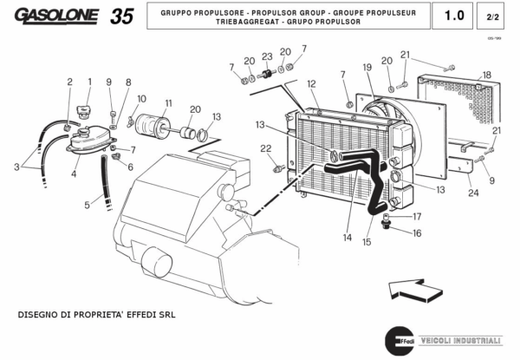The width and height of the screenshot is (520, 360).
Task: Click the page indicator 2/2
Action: (493, 16)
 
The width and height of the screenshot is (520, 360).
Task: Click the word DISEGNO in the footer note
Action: (39, 314)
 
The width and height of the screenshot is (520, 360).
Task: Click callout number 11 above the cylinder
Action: (168, 102)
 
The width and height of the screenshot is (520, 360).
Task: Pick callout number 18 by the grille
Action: (486, 75)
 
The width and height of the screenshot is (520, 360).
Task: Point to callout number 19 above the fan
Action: (367, 67)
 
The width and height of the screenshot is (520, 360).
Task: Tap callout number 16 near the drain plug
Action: (417, 232)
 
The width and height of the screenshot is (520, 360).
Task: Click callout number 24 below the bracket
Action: (472, 193)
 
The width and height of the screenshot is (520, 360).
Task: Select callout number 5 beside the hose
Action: (87, 205)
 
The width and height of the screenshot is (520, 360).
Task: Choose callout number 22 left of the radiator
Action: (266, 148)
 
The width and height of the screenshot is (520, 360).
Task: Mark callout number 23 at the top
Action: (267, 56)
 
